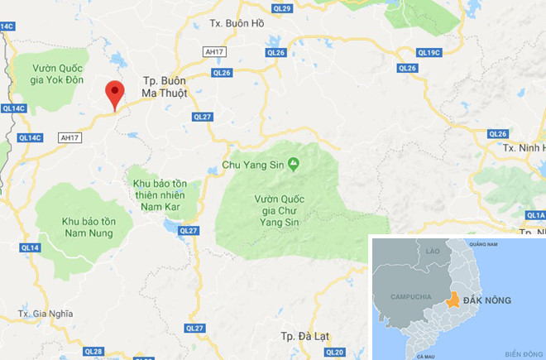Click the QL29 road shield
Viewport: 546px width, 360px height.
pos(282,7)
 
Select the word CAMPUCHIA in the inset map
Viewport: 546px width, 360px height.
pos(401,295)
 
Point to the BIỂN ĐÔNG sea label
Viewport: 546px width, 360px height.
pos(520,350)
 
